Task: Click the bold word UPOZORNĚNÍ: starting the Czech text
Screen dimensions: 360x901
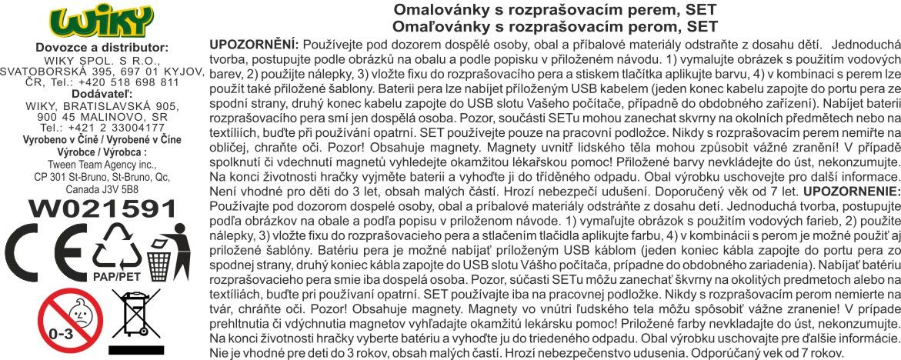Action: [x=253, y=45]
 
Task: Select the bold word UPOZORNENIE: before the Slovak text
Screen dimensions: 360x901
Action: [x=851, y=211]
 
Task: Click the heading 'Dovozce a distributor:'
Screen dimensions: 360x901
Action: [x=102, y=48]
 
